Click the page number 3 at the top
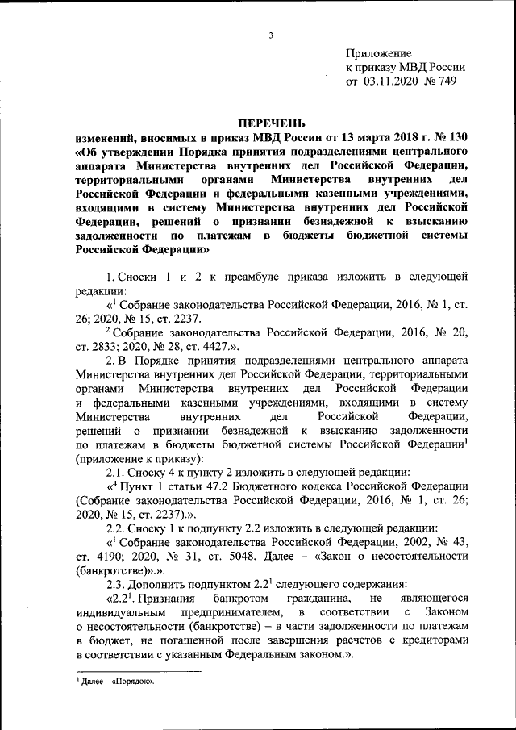click(x=272, y=35)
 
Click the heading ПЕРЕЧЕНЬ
click(x=271, y=123)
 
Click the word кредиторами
click(x=432, y=645)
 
